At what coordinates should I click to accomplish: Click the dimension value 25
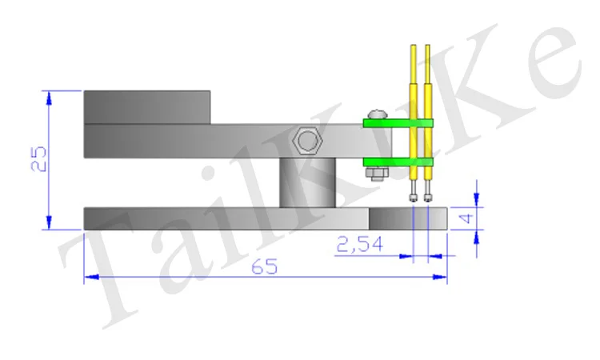tap(38, 158)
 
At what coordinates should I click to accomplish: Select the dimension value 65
tap(265, 266)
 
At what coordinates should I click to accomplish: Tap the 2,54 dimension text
tap(359, 245)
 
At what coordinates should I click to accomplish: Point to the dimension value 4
tap(466, 218)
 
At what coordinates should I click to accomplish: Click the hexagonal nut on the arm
tap(307, 141)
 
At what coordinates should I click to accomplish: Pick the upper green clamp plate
tap(398, 123)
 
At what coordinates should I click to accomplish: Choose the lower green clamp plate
tap(398, 162)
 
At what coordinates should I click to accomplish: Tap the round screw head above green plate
tap(378, 114)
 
